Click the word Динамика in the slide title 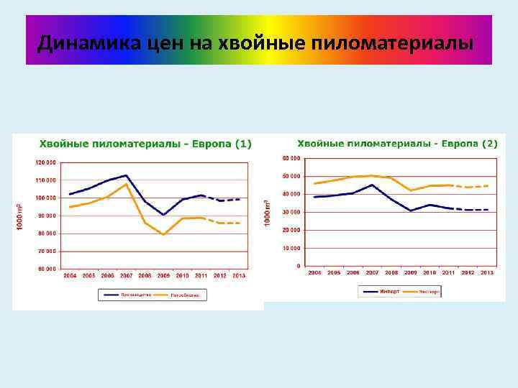[x=76, y=44]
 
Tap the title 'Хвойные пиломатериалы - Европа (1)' [x=145, y=144]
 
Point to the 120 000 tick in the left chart [x=45, y=162]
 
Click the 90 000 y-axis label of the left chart [x=47, y=216]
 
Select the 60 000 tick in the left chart [x=47, y=269]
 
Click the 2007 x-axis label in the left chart [x=126, y=276]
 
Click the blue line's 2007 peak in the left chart [x=127, y=175]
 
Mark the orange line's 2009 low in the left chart [x=164, y=234]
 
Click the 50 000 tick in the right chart [x=291, y=176]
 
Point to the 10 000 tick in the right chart [x=291, y=247]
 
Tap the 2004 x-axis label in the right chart [x=314, y=273]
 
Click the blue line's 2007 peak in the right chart [x=371, y=185]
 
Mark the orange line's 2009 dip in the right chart [x=410, y=190]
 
